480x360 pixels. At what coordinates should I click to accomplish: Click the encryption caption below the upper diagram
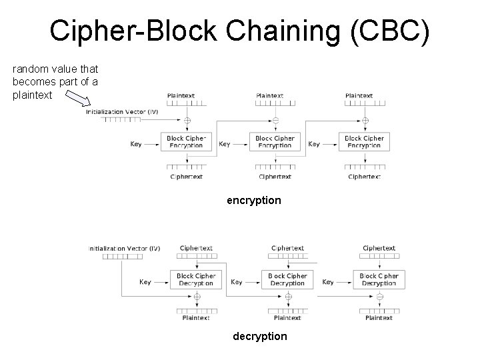pos(253,200)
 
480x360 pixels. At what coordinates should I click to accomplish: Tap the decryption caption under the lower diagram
pos(260,336)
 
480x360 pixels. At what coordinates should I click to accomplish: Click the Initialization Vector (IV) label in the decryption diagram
pos(124,249)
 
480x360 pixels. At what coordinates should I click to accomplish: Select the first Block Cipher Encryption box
pos(187,142)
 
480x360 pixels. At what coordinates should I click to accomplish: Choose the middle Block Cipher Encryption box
pos(275,142)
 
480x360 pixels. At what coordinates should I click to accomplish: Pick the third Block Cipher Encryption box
pos(364,142)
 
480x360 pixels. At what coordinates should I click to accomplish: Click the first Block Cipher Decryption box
pos(196,279)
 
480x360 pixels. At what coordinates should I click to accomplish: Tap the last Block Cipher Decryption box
pos(379,279)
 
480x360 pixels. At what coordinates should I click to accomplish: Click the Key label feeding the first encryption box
pos(135,144)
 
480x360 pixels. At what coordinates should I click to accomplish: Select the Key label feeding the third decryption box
pos(328,282)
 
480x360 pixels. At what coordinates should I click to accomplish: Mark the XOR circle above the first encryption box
pos(187,121)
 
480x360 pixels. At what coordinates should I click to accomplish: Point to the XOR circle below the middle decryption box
pos(288,295)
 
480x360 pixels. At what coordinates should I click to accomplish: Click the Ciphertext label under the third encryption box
pos(365,177)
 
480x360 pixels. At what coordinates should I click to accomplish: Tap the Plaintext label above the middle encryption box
pos(270,96)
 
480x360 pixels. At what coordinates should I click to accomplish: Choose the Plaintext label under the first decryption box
pos(196,318)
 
